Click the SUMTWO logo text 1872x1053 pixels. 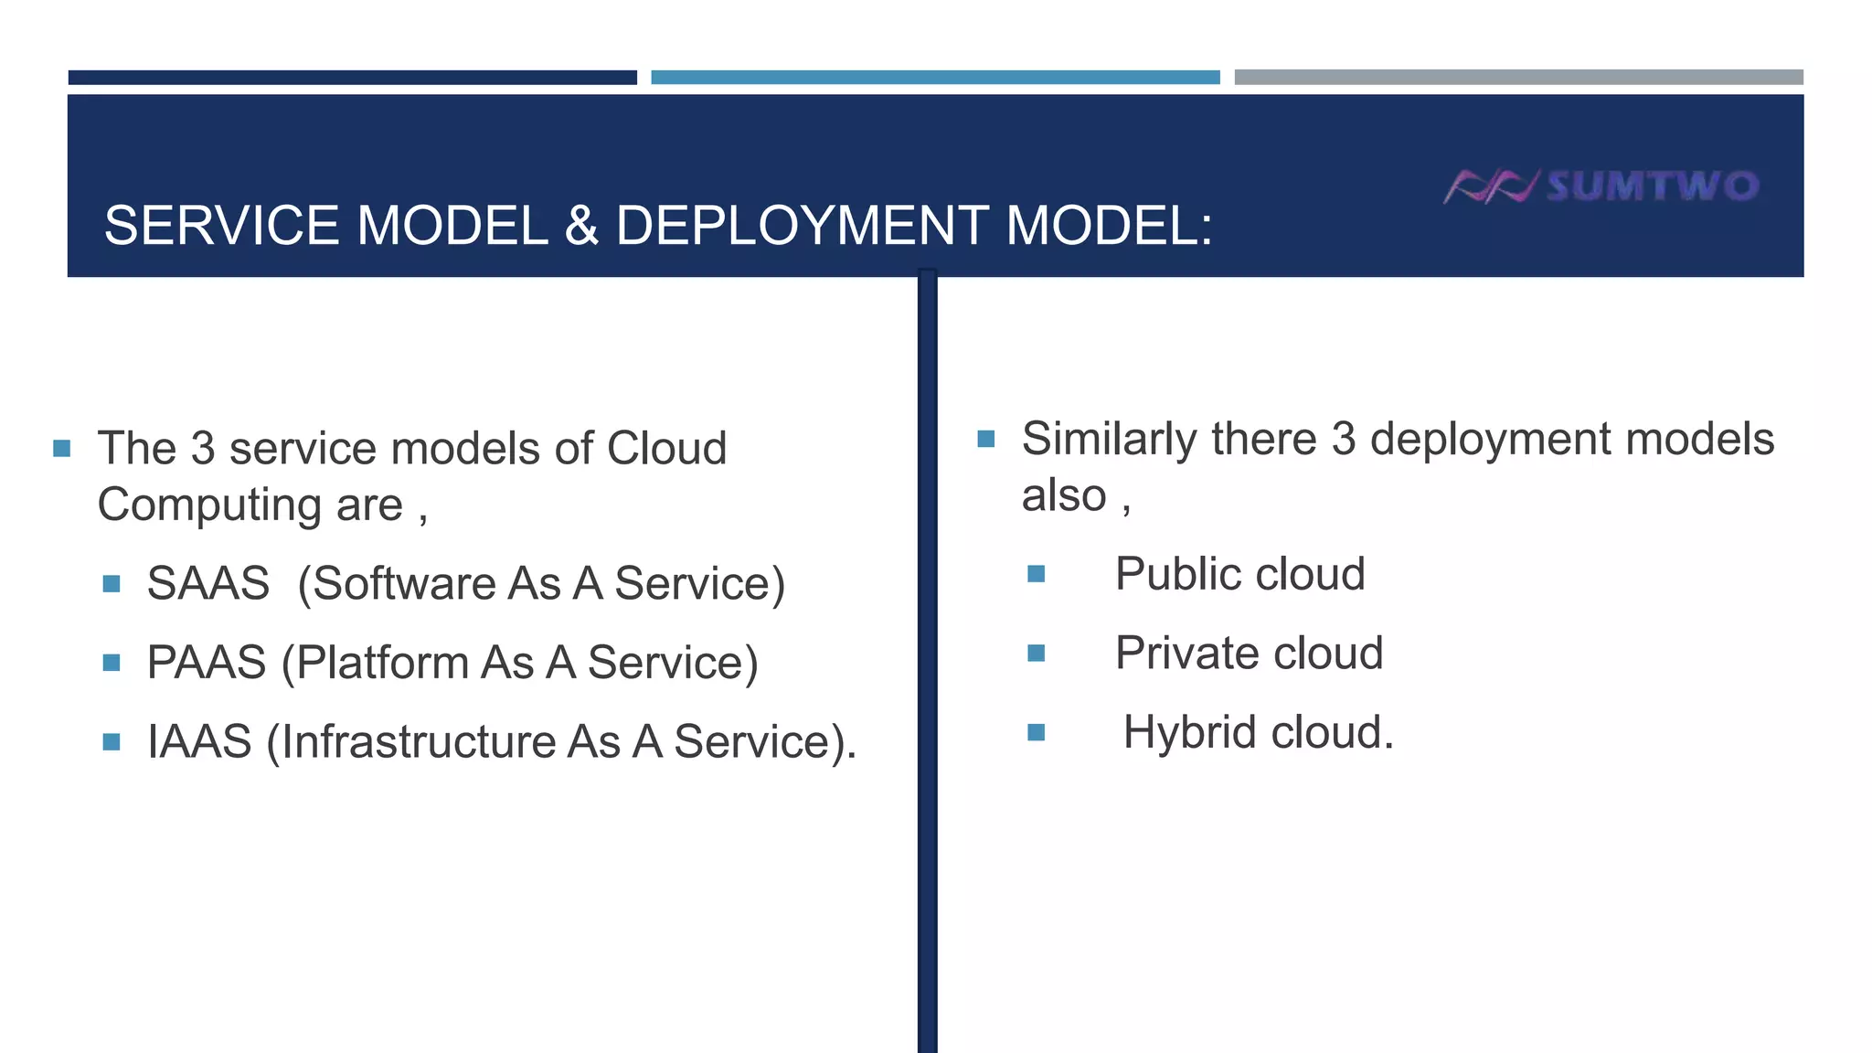(x=1653, y=186)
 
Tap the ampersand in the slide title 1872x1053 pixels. (x=581, y=226)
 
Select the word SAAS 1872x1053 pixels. (x=208, y=583)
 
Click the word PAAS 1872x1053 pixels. (x=207, y=663)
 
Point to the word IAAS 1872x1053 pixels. (x=199, y=741)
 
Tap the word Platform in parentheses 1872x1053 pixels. (x=383, y=663)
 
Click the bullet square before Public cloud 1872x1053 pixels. (x=1036, y=574)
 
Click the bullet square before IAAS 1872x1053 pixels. (x=112, y=741)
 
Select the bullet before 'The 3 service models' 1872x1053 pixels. (x=62, y=448)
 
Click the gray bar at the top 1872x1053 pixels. (x=1518, y=78)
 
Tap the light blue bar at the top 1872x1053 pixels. (x=935, y=78)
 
